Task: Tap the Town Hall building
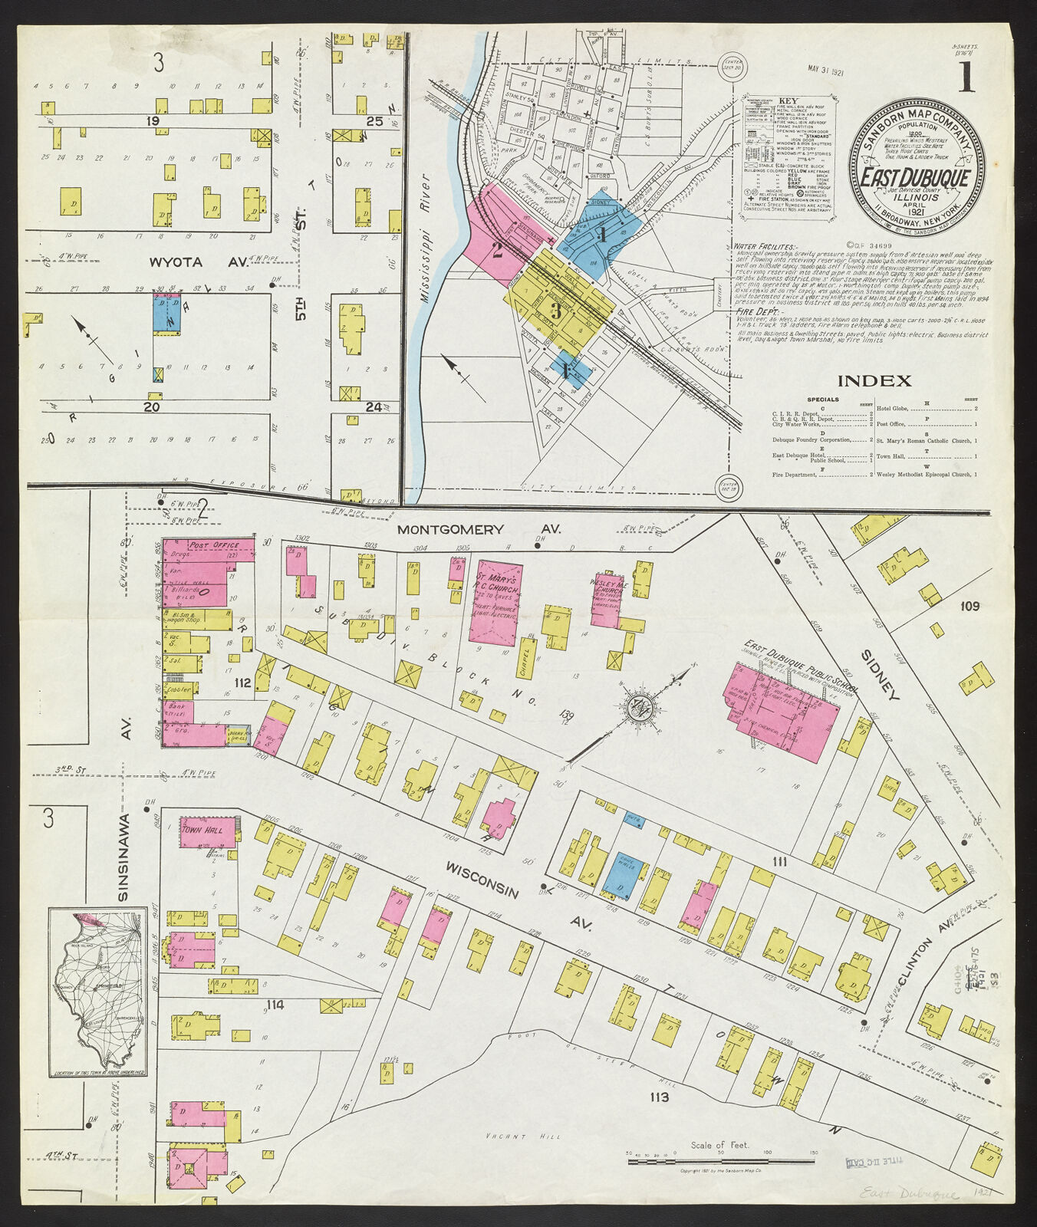pos(206,832)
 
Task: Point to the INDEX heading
pos(874,381)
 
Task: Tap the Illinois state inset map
pos(97,992)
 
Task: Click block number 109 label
pos(969,607)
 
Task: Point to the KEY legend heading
pos(787,101)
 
